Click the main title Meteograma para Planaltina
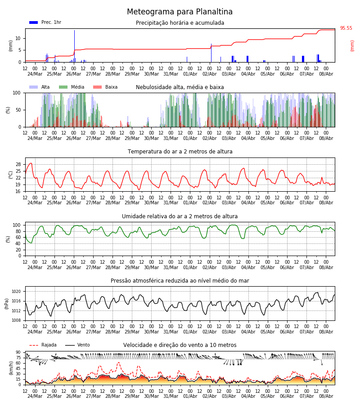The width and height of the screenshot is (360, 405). click(180, 12)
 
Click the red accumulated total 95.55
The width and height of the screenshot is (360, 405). click(346, 28)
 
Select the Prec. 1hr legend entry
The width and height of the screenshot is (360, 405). click(45, 22)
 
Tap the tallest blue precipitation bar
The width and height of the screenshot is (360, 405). click(74, 46)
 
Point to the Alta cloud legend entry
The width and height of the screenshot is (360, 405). click(39, 87)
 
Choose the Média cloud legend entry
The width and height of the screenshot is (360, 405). click(72, 87)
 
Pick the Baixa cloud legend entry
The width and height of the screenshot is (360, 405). click(105, 87)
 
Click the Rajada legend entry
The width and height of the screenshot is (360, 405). click(43, 345)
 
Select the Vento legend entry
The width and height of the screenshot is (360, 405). click(77, 345)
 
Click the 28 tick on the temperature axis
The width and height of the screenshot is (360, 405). click(18, 165)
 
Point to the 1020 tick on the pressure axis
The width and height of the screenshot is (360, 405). click(16, 292)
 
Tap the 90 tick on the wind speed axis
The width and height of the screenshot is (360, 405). click(18, 352)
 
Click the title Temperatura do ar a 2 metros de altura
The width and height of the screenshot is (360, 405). click(180, 152)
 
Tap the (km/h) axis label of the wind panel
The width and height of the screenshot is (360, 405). click(11, 368)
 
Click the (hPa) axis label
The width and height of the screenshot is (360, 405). click(6, 304)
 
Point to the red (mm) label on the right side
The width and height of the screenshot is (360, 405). click(352, 46)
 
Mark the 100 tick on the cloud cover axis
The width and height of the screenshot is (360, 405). click(17, 93)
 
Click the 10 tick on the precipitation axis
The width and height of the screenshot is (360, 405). click(18, 39)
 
